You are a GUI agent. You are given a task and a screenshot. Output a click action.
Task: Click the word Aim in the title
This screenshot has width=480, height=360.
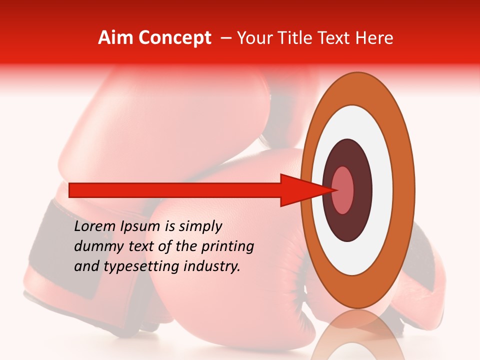coord(114,38)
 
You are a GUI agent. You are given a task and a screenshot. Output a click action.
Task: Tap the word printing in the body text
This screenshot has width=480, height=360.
coord(227,247)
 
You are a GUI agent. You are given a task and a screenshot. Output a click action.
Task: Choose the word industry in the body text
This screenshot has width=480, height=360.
coord(212,266)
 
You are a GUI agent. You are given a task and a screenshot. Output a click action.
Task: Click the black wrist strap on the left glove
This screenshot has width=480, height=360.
coord(50,235)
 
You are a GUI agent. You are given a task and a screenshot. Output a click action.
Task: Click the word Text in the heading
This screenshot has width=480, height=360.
coord(340,38)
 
